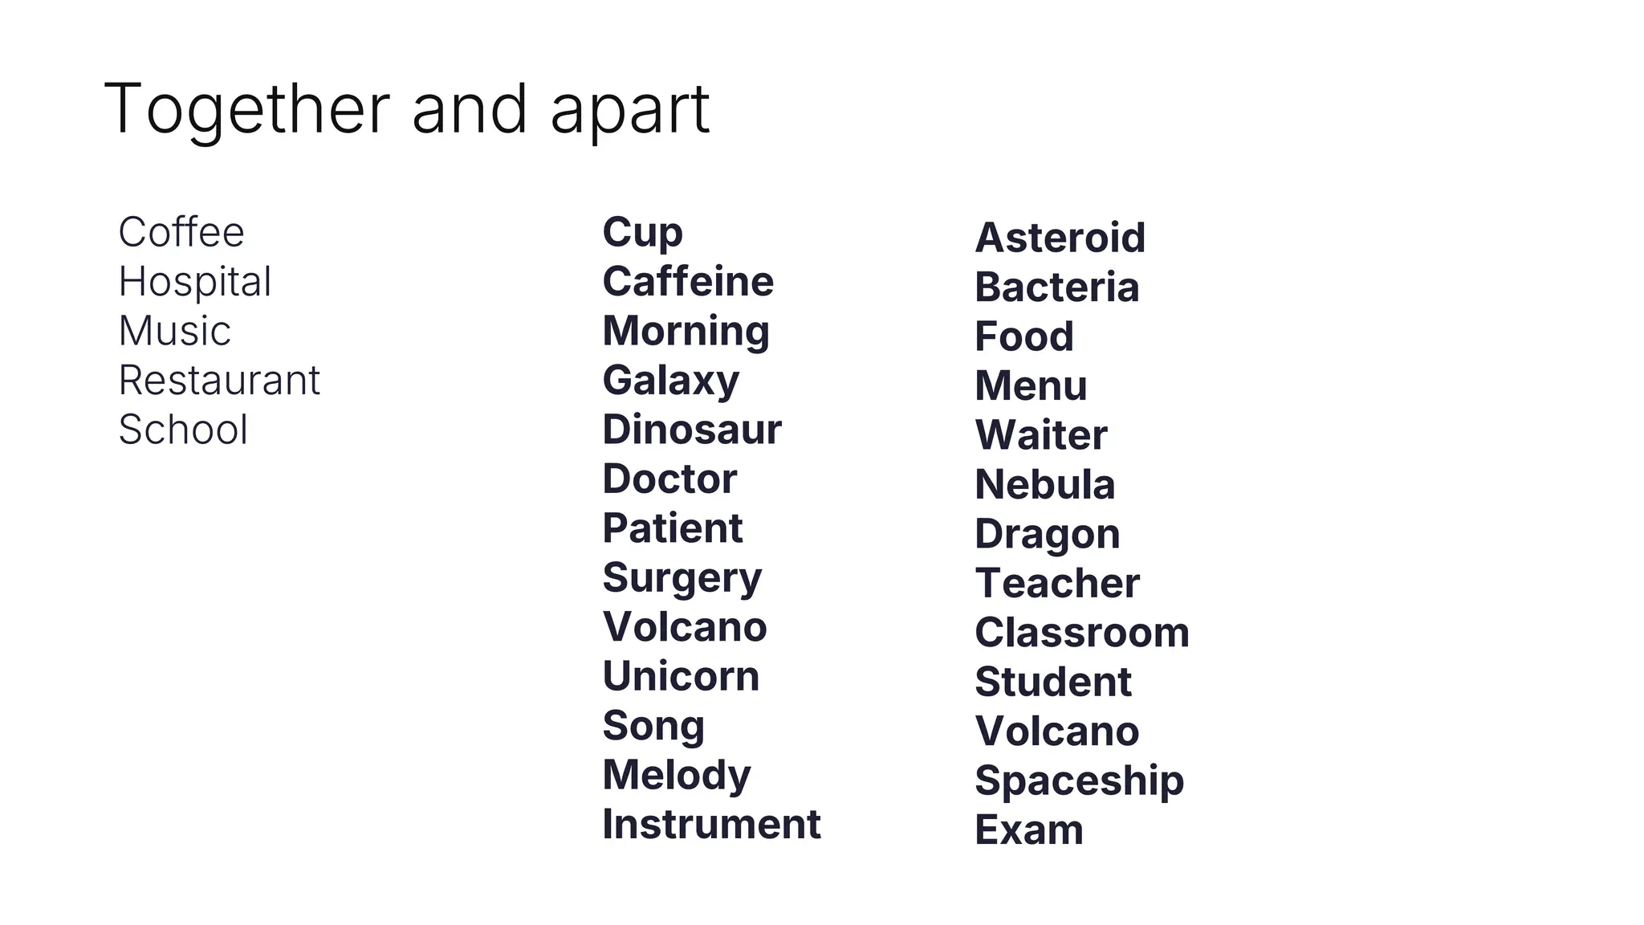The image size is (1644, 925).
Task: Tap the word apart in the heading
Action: pos(630,109)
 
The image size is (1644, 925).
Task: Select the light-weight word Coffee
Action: pos(181,233)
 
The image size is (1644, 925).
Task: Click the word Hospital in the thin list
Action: pos(195,282)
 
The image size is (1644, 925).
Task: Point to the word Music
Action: pos(175,331)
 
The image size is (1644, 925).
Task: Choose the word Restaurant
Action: pos(219,381)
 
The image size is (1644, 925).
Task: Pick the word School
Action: pos(183,430)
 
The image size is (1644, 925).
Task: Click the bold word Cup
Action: pos(643,233)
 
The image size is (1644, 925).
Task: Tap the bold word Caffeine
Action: pos(688,282)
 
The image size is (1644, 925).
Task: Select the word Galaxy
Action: pos(671,381)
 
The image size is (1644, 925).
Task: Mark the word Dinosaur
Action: pos(692,430)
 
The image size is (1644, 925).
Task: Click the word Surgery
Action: pos(682,578)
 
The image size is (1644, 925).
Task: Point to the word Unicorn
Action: pos(681,676)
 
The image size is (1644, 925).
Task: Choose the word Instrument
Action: pos(711,825)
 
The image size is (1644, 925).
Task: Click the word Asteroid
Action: pos(1060,238)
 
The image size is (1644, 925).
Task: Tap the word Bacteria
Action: pos(1057,287)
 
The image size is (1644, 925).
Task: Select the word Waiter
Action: pos(1041,435)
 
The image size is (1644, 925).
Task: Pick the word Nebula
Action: pos(1045,485)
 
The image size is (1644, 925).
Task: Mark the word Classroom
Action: pos(1082,633)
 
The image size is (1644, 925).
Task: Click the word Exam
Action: pos(1029,830)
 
